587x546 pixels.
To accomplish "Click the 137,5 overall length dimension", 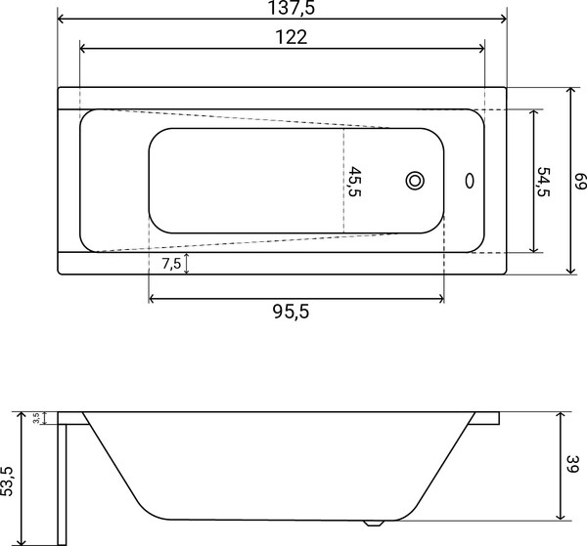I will click(281, 9).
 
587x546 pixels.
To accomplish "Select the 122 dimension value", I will click(282, 38).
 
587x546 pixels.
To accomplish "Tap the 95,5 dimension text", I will click(295, 312).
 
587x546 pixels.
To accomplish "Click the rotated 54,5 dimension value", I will click(545, 181).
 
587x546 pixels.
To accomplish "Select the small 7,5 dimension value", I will click(170, 264).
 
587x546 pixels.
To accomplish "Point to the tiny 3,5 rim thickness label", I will click(36, 418).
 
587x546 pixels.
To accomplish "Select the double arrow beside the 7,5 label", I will click(187, 264).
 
